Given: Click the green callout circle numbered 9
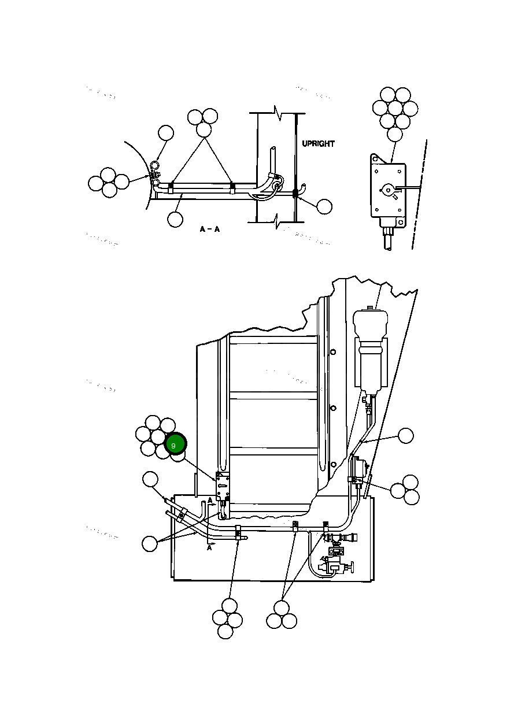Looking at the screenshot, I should pos(175,445).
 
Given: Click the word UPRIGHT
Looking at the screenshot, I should pos(318,143).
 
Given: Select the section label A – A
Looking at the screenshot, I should pos(209,229).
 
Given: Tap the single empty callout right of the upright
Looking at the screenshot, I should pos(324,206).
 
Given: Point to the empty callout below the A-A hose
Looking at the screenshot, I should pos(175,219).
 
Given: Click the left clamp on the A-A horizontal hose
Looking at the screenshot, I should pos(171,187).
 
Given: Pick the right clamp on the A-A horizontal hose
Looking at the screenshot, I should pos(232,187).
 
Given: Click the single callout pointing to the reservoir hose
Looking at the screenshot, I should pos(406,436).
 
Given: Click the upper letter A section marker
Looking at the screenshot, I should pos(210,500).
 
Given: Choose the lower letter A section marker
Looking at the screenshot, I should pos(209,547).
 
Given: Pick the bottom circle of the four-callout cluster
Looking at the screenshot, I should pos(225,632).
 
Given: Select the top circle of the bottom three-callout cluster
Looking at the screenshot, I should pos(282,608).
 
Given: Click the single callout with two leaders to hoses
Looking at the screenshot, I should pos(150,544).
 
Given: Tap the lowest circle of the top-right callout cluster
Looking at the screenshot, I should pos(394,134).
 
